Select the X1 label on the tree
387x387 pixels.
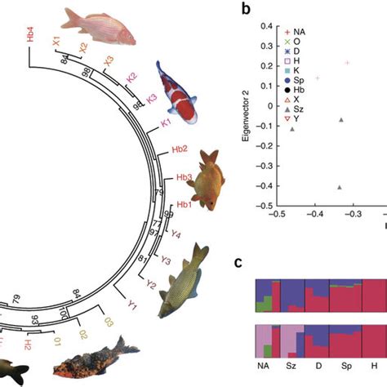coord(56,40)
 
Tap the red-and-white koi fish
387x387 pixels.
coord(178,93)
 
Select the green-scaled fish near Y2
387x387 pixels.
coord(187,278)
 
